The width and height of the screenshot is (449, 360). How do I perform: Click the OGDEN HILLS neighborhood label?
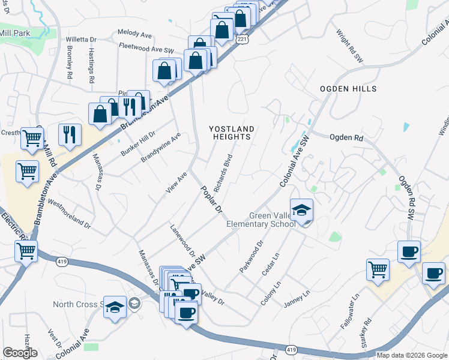[x=348, y=89]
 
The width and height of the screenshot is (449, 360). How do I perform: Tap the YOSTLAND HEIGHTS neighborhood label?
[x=232, y=133]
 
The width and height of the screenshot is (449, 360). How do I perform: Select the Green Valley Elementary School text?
[x=261, y=220]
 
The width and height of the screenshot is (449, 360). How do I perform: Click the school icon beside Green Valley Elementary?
[x=301, y=211]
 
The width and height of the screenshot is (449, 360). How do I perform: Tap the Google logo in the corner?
[x=20, y=353]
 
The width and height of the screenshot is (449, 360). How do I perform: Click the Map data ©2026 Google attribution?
[x=412, y=355]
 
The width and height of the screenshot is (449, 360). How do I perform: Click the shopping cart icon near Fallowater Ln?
[x=378, y=269]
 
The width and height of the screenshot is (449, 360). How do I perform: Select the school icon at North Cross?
[x=113, y=307]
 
